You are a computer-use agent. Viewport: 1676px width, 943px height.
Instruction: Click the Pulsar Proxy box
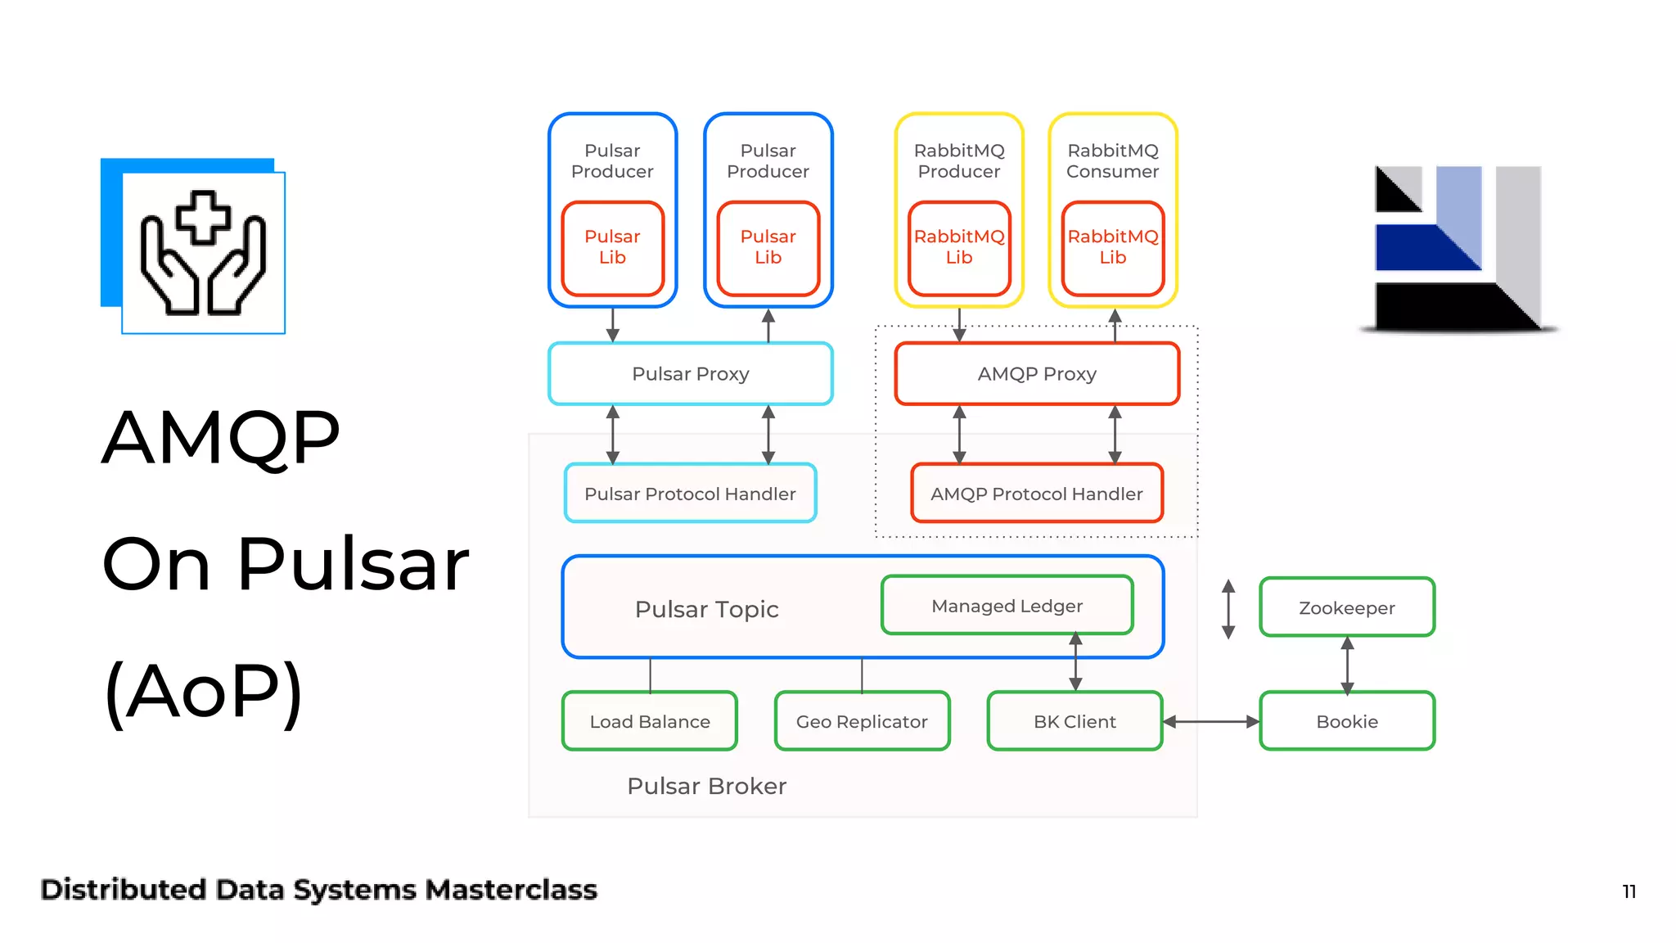(x=690, y=374)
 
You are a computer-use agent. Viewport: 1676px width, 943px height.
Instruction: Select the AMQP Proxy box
(x=1036, y=374)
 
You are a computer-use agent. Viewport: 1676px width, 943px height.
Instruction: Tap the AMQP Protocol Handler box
(x=1036, y=494)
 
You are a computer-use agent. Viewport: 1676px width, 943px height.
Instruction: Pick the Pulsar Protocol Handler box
(x=690, y=494)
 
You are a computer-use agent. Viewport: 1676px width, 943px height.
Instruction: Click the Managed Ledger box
(x=1007, y=606)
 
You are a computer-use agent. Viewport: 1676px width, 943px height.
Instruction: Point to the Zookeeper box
(x=1346, y=607)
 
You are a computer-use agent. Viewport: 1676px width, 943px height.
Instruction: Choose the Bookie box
(x=1346, y=721)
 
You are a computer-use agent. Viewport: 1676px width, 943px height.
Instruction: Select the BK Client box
(x=1075, y=721)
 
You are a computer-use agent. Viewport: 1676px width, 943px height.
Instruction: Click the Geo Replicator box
(x=862, y=721)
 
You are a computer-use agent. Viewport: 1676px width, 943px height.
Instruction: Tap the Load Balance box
(x=650, y=721)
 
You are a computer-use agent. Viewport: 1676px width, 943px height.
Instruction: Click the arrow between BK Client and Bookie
(x=1211, y=721)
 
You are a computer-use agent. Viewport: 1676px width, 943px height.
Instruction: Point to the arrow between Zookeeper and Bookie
(x=1347, y=664)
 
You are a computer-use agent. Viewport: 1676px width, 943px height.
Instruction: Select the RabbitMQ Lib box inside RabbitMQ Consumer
(x=1112, y=247)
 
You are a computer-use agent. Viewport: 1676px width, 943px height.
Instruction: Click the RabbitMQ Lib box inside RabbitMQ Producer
(x=958, y=247)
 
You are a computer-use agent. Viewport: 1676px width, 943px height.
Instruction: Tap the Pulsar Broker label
(x=706, y=786)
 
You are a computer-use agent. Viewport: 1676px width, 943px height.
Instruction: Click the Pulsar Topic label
(x=706, y=609)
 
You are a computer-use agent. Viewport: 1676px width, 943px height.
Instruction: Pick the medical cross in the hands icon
(x=202, y=217)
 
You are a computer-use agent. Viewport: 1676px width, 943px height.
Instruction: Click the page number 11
(x=1629, y=891)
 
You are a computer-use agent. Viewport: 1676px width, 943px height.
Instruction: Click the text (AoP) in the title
(x=205, y=692)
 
